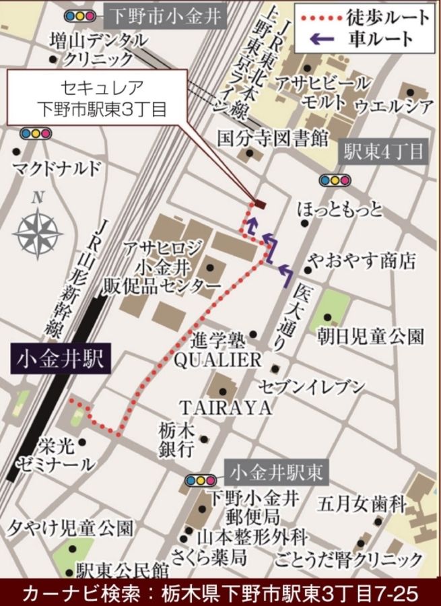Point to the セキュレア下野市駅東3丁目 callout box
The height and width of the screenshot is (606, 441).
click(93, 98)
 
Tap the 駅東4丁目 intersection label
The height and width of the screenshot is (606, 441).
click(382, 151)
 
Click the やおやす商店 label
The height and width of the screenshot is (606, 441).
click(361, 261)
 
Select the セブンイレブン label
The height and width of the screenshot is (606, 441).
click(312, 386)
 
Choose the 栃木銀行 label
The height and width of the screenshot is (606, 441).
click(176, 438)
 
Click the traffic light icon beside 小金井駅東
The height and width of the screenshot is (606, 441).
click(199, 480)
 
